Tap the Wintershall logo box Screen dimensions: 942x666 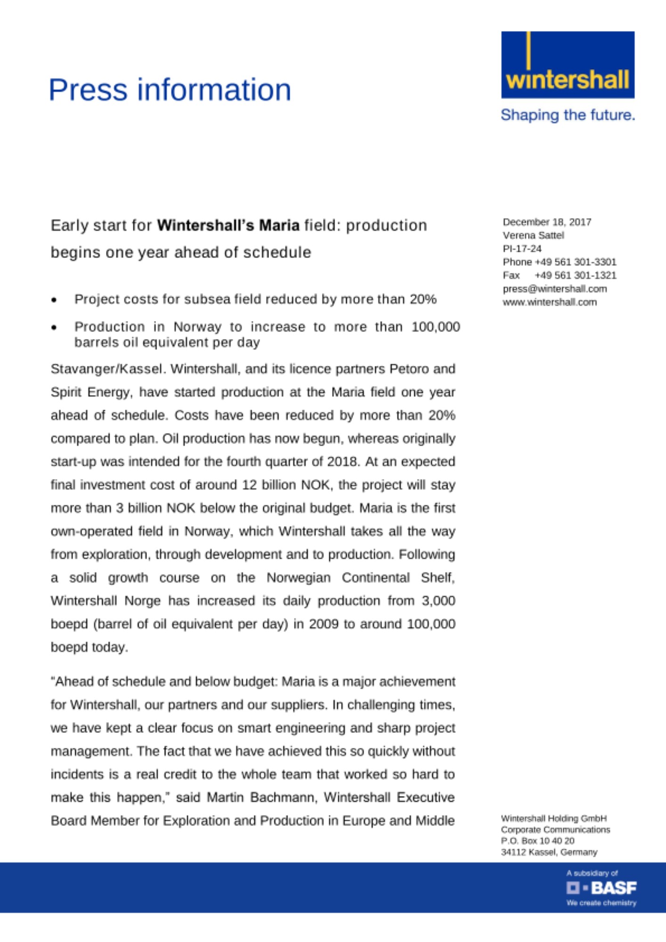[568, 65]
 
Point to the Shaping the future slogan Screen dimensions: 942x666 [568, 115]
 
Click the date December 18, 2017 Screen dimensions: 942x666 [547, 222]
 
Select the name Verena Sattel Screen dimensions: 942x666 [533, 235]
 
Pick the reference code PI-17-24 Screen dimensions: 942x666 [522, 248]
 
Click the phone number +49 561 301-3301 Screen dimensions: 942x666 [575, 262]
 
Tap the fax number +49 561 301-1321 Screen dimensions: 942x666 [575, 275]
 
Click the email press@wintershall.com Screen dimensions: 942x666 [554, 289]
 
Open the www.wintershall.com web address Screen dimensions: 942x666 [549, 302]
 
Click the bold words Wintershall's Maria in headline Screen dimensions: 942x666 [228, 225]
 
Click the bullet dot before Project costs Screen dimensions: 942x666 [55, 300]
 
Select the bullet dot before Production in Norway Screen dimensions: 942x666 [55, 327]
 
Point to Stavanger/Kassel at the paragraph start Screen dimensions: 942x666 [108, 369]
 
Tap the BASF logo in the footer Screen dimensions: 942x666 [601, 888]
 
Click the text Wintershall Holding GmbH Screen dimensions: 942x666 [553, 818]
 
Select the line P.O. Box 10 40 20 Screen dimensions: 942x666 [537, 841]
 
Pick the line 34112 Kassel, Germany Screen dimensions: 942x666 [549, 852]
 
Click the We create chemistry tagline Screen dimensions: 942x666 [601, 903]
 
